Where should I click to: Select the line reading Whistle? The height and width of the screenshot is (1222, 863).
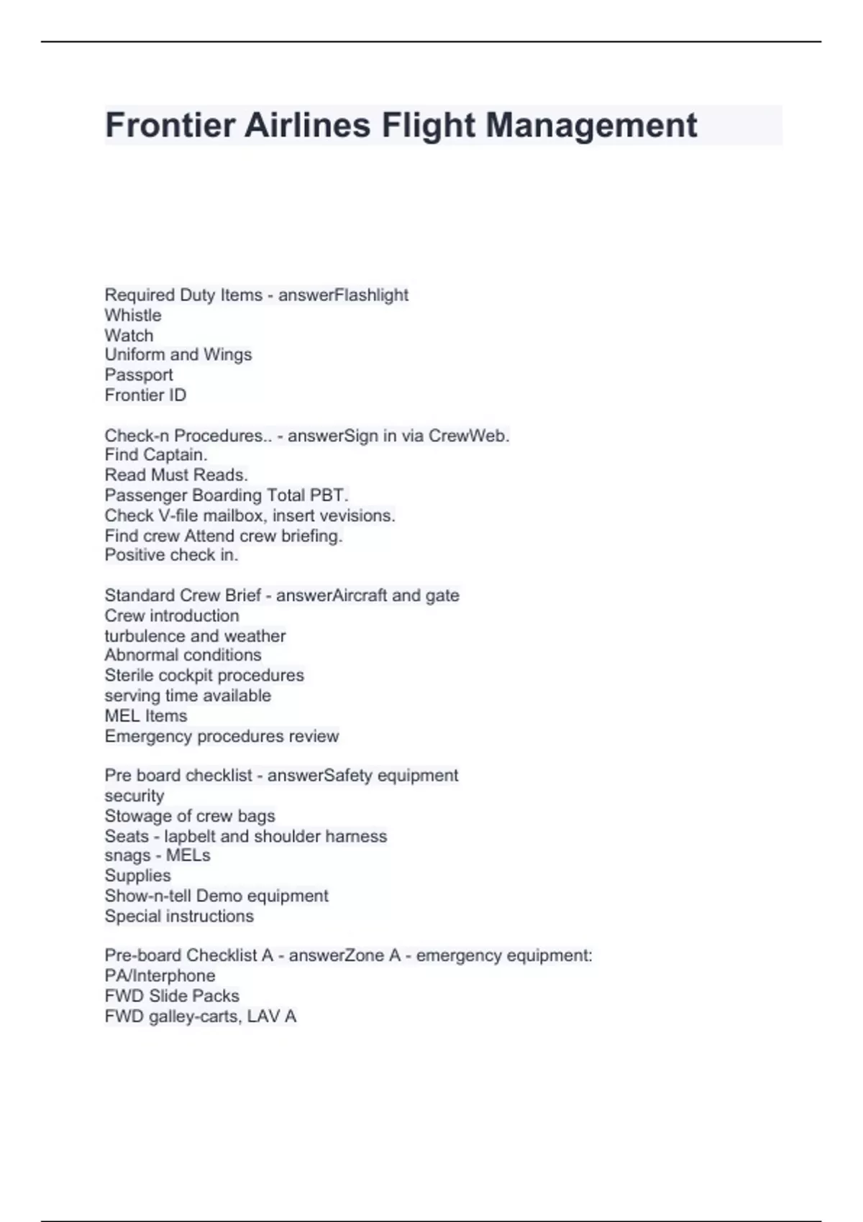click(x=133, y=315)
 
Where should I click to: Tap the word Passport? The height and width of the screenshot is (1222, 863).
click(x=139, y=375)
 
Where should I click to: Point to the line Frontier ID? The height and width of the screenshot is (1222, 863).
click(x=145, y=395)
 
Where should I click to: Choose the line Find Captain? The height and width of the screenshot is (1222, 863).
click(x=156, y=454)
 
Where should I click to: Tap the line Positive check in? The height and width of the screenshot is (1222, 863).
click(x=171, y=555)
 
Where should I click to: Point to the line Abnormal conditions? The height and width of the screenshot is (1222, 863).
click(x=183, y=655)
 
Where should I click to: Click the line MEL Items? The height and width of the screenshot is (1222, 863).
click(x=146, y=716)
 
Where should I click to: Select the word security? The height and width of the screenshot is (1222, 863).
click(x=134, y=796)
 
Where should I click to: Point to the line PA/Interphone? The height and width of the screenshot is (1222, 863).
click(x=160, y=975)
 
